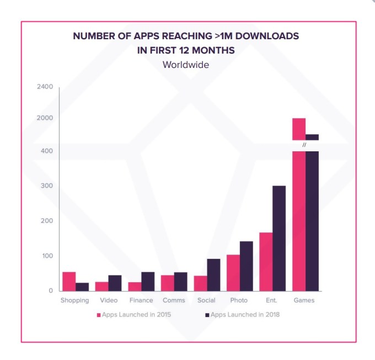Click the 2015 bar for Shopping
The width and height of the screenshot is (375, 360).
(x=69, y=281)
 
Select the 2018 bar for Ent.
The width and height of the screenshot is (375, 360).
(x=279, y=238)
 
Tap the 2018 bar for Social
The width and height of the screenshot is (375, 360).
(x=213, y=274)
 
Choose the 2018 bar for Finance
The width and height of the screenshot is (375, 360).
(x=148, y=281)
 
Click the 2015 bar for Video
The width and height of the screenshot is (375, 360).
(x=101, y=286)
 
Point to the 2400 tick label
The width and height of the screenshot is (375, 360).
(x=44, y=87)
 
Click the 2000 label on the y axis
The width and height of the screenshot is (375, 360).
(x=44, y=118)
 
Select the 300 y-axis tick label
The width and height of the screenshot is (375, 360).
(x=46, y=186)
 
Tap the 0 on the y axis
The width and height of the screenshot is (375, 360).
(x=51, y=290)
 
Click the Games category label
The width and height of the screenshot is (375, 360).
(x=304, y=300)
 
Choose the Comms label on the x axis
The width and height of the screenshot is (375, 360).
(x=174, y=300)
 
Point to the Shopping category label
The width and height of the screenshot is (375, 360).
(x=74, y=300)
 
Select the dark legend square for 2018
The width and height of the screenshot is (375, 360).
(x=207, y=315)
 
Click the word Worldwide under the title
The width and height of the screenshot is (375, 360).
(x=186, y=65)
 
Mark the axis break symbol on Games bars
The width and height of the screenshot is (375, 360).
(x=304, y=145)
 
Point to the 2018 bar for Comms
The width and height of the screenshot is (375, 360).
(x=180, y=281)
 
